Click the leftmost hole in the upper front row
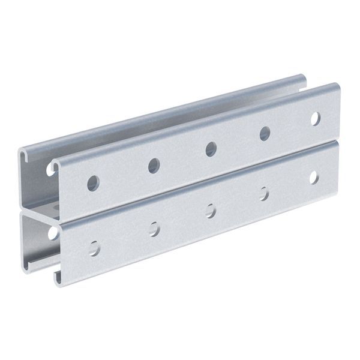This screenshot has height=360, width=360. [93, 182]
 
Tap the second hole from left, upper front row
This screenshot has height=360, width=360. [154, 165]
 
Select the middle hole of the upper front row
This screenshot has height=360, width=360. [211, 149]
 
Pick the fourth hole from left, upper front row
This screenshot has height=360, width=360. [265, 134]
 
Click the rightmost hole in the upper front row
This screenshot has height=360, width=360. [315, 119]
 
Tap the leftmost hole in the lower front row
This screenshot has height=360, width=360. [94, 247]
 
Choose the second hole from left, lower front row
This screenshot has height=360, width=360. [154, 228]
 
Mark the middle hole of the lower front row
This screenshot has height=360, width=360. [210, 210]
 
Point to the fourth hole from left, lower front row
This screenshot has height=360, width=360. [263, 193]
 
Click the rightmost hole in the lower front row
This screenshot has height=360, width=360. [313, 177]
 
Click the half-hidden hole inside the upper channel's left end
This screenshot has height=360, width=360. [50, 169]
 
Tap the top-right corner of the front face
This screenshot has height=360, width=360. [337, 86]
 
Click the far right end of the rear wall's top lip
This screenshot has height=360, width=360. [305, 77]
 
